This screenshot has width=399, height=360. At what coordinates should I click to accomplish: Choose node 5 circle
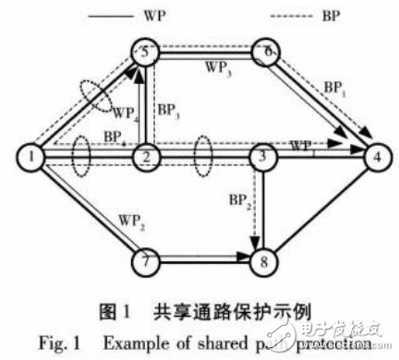click(145, 53)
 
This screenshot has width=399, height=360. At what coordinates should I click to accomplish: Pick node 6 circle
click(266, 53)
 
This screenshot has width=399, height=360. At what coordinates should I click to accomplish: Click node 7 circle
click(145, 261)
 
